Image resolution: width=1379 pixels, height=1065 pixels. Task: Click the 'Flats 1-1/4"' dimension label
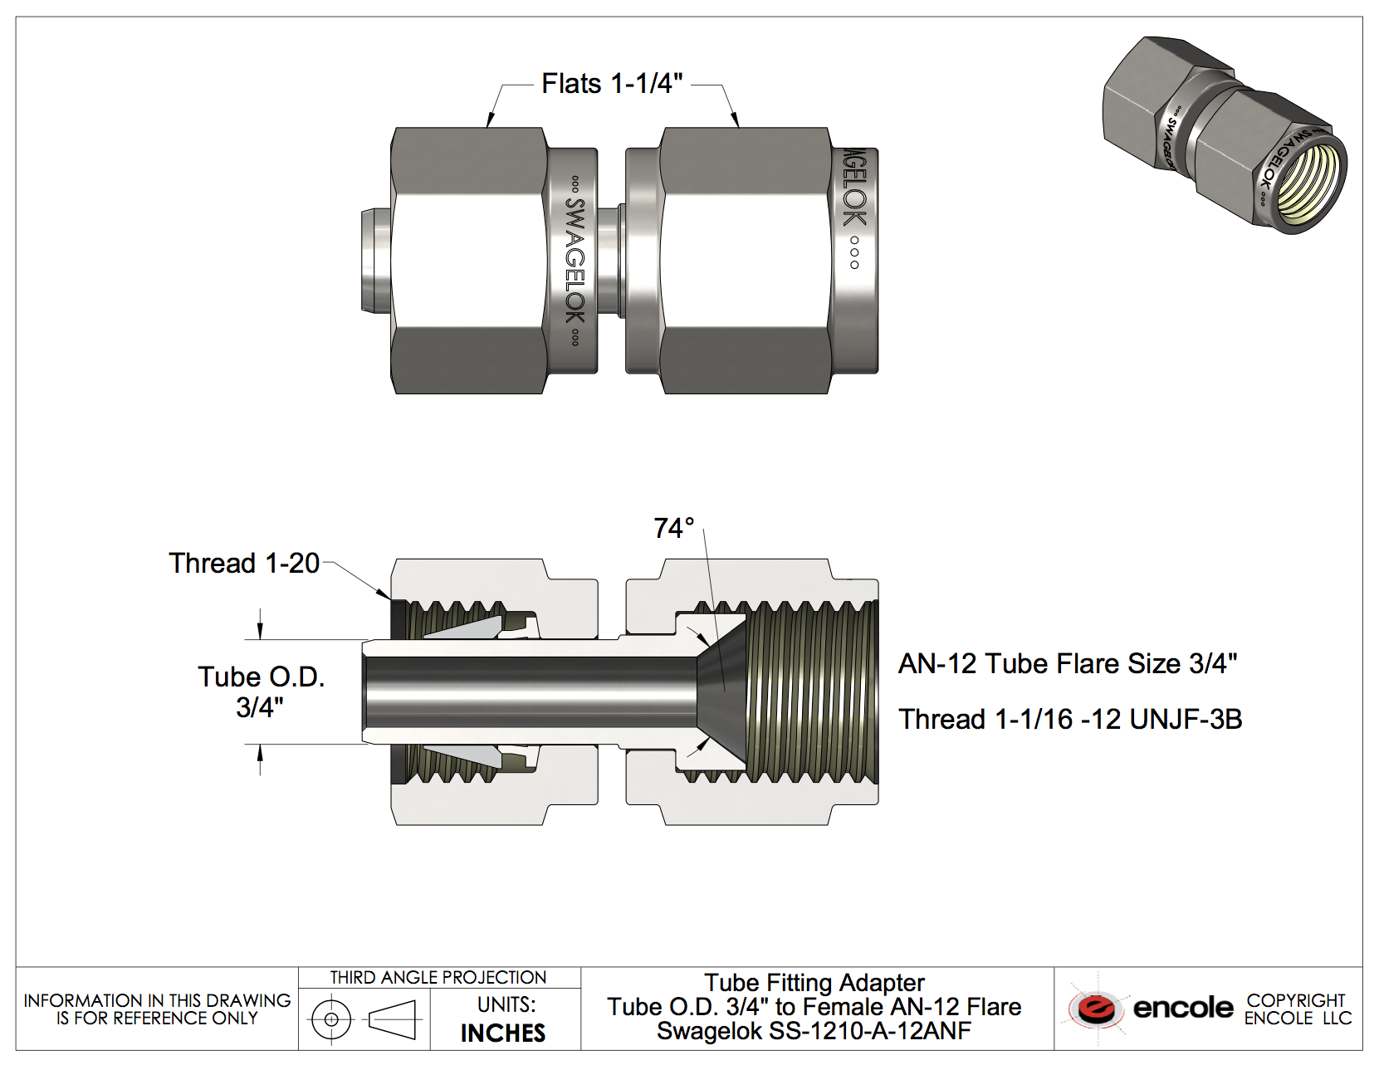tap(612, 84)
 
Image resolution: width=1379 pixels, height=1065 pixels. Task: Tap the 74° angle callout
tap(672, 528)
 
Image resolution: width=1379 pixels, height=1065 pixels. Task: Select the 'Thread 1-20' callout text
tap(244, 564)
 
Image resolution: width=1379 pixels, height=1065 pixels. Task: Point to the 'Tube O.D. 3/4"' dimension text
tap(261, 691)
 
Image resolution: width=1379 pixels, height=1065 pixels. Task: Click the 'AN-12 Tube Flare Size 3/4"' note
tap(1068, 664)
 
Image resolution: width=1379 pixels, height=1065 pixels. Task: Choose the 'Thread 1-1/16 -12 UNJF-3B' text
tap(1070, 719)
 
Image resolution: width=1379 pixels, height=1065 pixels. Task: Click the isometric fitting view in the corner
tap(1225, 135)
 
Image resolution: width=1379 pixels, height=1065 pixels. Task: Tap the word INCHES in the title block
tap(503, 1033)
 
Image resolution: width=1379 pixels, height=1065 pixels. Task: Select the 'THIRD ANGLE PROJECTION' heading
tap(438, 978)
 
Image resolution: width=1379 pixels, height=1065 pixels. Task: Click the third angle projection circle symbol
tap(331, 1019)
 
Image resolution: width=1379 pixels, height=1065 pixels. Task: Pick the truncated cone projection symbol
tap(392, 1019)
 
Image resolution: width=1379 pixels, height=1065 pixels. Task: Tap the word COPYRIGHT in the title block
tap(1296, 1000)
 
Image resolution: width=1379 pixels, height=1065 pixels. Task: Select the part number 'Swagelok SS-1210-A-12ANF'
tap(814, 1032)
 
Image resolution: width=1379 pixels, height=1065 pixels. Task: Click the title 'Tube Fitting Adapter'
tap(814, 983)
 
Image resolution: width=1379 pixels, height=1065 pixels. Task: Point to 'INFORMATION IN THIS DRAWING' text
tap(157, 1000)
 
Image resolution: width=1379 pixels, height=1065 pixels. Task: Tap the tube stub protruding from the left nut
tap(375, 261)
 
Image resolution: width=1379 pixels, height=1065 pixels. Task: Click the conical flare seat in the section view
tap(721, 691)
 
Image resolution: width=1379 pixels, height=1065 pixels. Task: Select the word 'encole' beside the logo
tap(1183, 1009)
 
